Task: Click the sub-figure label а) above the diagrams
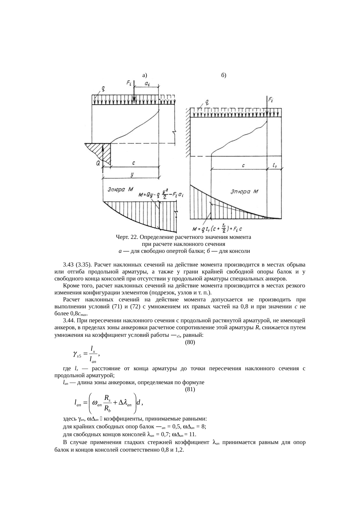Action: [x=145, y=75]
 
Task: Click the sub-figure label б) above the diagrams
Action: [x=224, y=75]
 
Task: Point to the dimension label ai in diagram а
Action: [x=147, y=84]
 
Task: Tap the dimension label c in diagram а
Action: [x=133, y=163]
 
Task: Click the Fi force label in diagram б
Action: [x=271, y=100]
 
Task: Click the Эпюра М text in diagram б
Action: [x=244, y=192]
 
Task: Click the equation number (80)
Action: [x=190, y=342]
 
